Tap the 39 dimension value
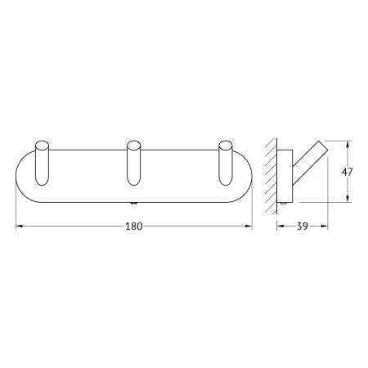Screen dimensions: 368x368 point(303,227)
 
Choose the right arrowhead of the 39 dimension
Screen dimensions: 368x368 point(328,227)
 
